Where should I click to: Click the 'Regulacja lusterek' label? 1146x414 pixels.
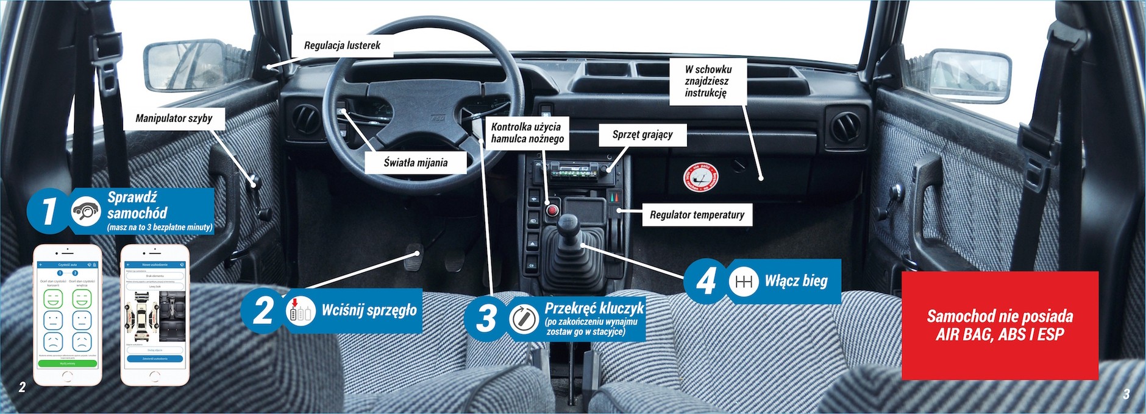[x=342, y=46]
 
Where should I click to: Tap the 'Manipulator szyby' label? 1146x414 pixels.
[x=174, y=118]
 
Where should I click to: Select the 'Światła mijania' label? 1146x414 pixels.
[x=416, y=163]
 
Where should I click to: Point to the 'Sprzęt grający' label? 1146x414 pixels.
[x=642, y=135]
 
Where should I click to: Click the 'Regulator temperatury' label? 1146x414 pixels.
[x=697, y=215]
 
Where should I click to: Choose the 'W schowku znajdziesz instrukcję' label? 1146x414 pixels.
[x=707, y=81]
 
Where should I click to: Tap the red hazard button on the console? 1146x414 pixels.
[x=553, y=211]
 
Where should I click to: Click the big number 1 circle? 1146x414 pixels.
[x=48, y=211]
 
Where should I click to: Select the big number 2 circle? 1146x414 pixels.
[x=263, y=310]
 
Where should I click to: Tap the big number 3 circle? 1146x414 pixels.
[x=486, y=318]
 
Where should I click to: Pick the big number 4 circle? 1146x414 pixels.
[x=705, y=281]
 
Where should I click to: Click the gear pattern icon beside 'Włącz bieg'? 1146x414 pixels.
[x=743, y=282]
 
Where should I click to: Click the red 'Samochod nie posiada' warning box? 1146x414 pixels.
[x=1000, y=325]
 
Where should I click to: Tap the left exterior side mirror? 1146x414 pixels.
[x=183, y=66]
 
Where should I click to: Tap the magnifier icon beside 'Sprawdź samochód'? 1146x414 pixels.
[x=86, y=211]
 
